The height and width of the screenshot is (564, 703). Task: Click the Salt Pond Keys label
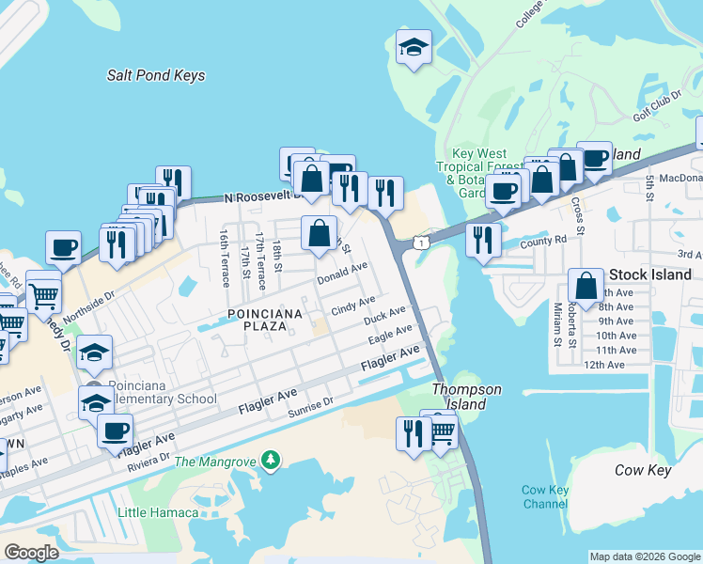156,75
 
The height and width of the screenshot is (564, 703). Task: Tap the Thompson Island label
466,397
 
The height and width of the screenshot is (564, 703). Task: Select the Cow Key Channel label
545,496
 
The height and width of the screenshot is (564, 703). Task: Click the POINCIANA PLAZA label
252,320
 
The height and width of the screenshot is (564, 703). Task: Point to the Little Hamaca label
158,512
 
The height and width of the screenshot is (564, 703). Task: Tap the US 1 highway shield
412,243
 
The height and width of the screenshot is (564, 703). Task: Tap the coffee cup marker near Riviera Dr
115,431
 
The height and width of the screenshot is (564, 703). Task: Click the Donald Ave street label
341,275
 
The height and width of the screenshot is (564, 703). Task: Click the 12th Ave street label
604,365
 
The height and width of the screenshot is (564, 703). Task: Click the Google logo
31,553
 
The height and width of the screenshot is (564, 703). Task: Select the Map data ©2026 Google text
644,556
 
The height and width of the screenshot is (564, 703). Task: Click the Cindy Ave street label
353,305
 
